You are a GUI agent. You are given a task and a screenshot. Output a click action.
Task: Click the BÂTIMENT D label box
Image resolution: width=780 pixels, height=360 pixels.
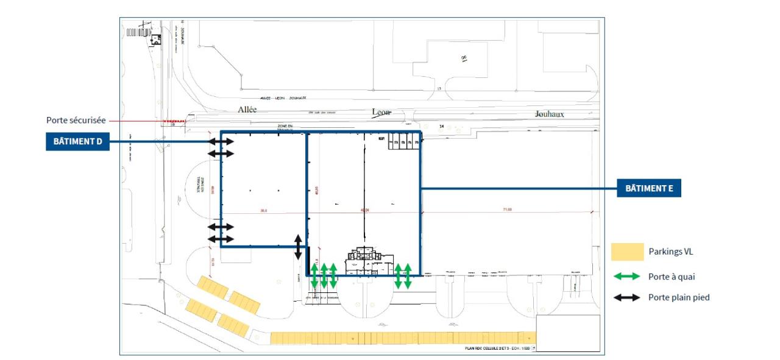[x=77, y=142]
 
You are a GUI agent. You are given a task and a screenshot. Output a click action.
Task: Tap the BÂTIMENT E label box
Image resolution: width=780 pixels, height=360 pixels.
[x=648, y=188]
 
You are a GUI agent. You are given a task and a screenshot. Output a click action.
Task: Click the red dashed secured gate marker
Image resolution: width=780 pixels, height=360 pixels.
[x=173, y=121]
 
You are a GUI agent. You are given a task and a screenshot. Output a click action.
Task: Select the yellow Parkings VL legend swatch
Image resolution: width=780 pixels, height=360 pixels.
[x=627, y=252]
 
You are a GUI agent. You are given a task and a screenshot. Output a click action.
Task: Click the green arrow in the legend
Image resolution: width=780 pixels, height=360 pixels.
[x=627, y=277]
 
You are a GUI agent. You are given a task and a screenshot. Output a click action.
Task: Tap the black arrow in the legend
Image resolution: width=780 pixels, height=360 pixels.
[x=627, y=298]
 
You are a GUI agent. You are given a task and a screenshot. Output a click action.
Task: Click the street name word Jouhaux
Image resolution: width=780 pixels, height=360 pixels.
[x=549, y=114]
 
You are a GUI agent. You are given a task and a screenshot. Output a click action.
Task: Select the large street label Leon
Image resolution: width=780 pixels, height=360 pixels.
[x=381, y=112]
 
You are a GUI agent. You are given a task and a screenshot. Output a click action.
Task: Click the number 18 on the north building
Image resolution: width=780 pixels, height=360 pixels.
[x=464, y=58]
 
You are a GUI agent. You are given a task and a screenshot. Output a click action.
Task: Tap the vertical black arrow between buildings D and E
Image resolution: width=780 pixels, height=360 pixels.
[x=298, y=246]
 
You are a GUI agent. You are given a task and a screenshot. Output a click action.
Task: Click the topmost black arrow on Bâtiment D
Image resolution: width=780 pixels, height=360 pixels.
[x=221, y=141]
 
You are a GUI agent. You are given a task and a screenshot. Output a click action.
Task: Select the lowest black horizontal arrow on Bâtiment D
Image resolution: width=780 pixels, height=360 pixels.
[x=221, y=239]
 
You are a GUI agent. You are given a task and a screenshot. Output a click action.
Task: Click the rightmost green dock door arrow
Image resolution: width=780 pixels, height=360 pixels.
[x=407, y=276]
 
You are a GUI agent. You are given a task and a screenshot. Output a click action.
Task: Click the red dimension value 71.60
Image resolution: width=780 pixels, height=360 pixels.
[x=507, y=210]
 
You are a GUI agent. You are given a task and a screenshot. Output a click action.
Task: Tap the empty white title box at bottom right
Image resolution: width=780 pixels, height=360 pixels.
[x=568, y=333]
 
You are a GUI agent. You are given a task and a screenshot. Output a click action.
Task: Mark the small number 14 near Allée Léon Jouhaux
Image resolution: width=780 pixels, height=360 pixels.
[x=441, y=125]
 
